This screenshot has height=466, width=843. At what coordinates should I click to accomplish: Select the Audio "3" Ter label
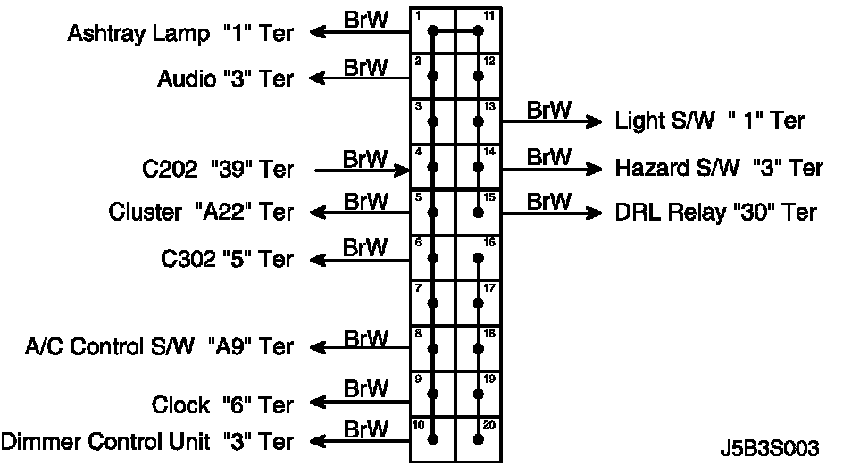click(225, 79)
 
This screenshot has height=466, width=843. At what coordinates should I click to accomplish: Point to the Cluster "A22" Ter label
click(201, 212)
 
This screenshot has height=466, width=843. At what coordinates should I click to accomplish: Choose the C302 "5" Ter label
click(227, 259)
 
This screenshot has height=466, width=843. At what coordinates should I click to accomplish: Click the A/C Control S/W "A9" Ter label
click(159, 345)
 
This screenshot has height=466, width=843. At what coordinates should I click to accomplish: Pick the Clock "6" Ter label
click(222, 404)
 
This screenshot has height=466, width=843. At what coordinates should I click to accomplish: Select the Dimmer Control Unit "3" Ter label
click(147, 441)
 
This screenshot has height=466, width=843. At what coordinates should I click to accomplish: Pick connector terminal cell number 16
click(479, 258)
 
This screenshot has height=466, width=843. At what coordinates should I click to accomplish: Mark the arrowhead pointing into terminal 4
click(399, 167)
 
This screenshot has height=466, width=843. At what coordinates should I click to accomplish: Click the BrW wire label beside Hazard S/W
click(548, 157)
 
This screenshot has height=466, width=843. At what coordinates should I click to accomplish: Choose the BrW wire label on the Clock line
click(366, 389)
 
